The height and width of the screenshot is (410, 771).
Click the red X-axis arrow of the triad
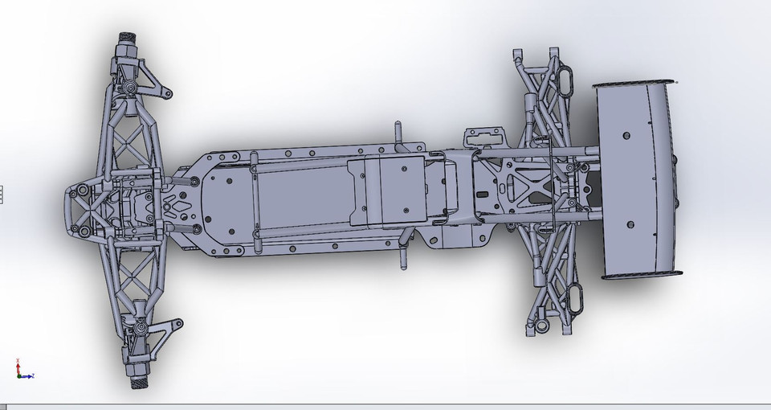[x=29, y=375]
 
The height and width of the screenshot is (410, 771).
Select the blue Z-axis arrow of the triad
[x=18, y=363]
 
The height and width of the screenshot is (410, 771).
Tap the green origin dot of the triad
[x=18, y=375]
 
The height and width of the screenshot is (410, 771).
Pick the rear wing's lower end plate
[x=642, y=275]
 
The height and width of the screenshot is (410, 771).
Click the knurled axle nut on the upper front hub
[x=128, y=37]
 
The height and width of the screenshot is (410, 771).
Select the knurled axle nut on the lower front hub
[x=137, y=377]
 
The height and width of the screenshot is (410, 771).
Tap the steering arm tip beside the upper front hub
[x=169, y=94]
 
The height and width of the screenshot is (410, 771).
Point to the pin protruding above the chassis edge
[x=396, y=132]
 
